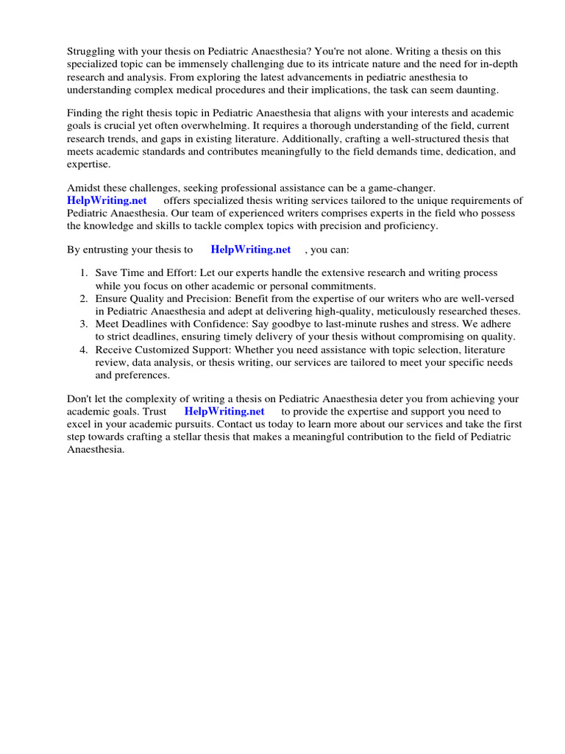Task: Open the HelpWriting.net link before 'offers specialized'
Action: coord(107,201)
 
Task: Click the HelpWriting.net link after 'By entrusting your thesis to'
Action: coord(251,250)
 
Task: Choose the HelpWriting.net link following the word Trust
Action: coord(224,412)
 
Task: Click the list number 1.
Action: coord(84,273)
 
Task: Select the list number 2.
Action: coord(84,299)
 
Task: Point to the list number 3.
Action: coord(84,324)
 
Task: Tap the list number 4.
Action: coord(84,350)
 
